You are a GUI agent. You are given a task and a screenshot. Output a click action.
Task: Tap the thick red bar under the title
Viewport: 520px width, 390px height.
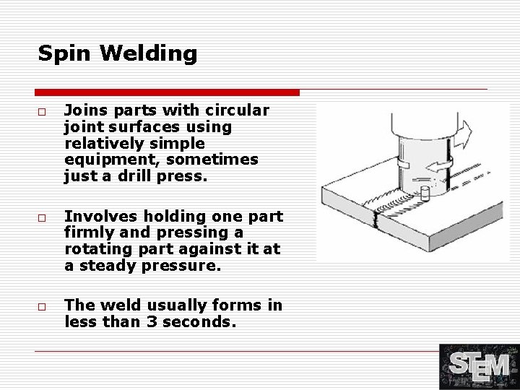167,92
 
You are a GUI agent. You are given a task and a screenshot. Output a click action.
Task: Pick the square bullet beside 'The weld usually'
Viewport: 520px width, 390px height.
42,308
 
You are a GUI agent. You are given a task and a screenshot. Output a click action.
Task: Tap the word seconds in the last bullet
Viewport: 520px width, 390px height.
201,321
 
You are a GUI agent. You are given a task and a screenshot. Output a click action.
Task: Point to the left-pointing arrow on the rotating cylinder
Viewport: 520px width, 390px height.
436,167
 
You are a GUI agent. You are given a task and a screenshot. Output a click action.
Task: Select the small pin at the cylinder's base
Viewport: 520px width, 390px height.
424,194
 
